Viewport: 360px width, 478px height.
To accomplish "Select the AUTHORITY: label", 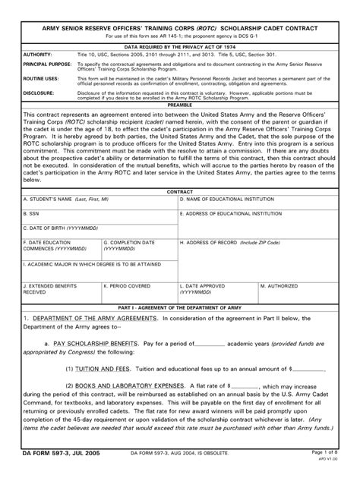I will pyautogui.click(x=39, y=55).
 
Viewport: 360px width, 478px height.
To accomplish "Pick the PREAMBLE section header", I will pyautogui.click(x=179, y=105).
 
